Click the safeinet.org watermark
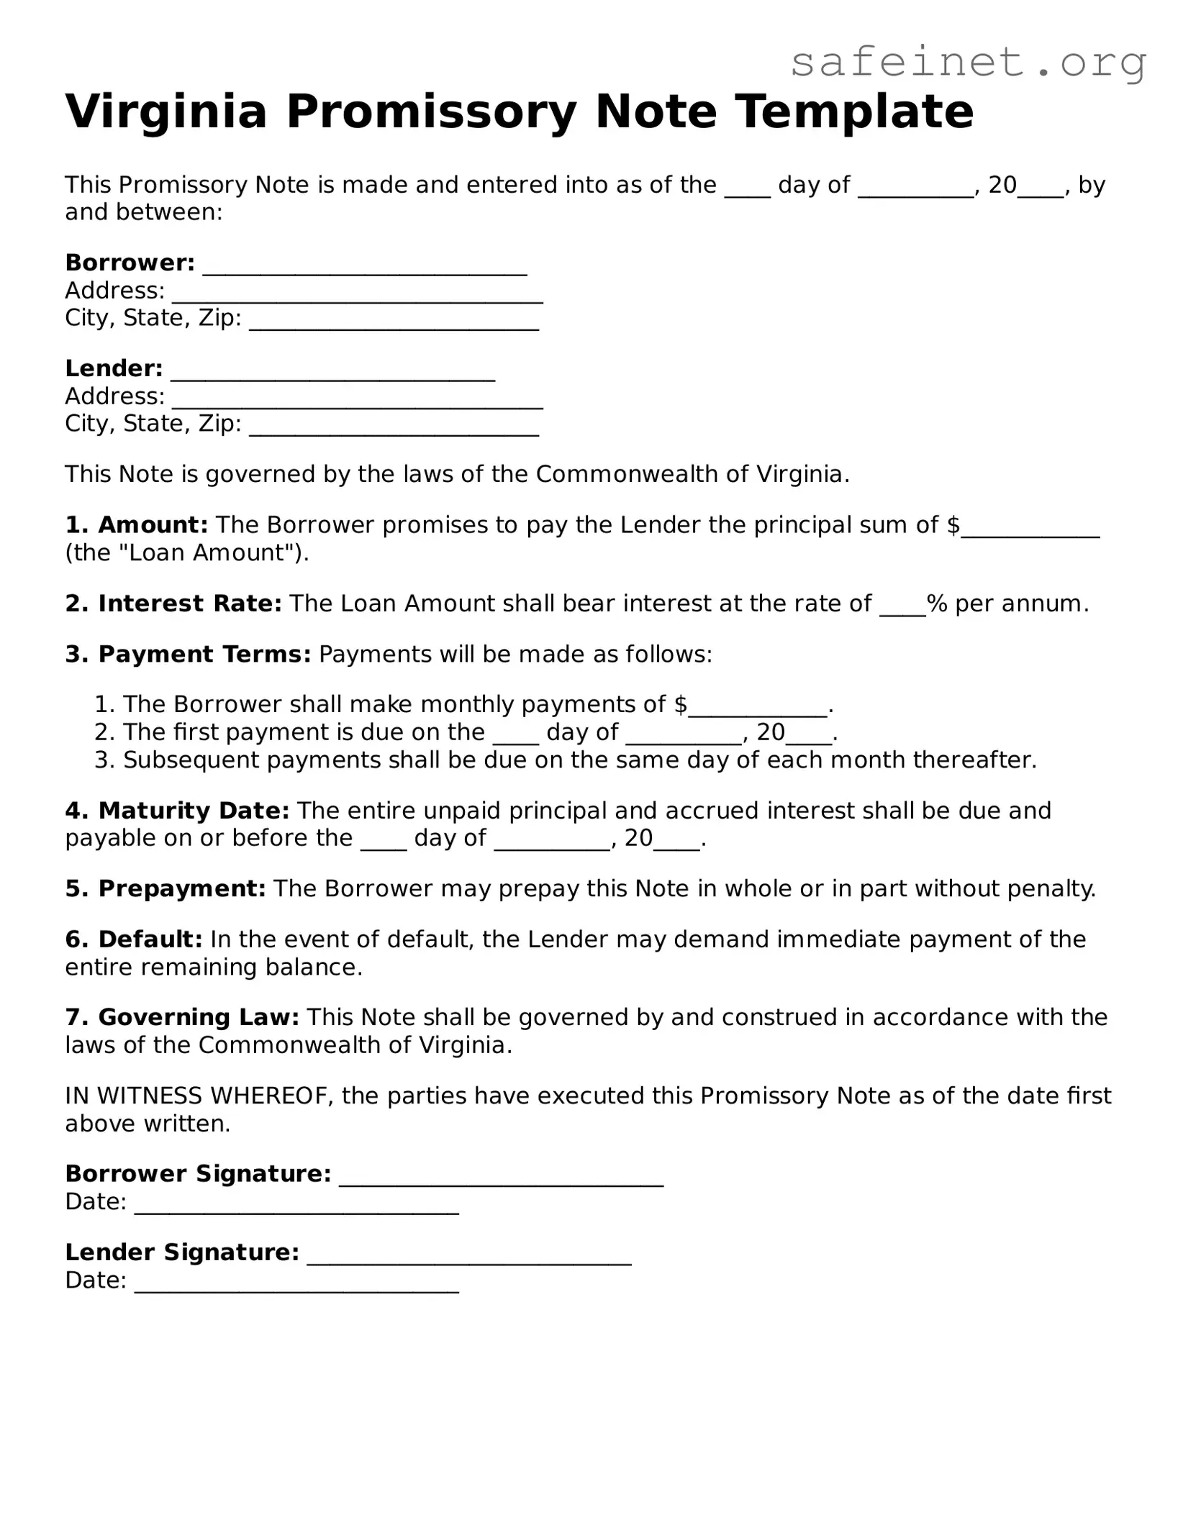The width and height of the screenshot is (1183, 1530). pos(968,63)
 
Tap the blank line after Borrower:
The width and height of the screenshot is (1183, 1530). pos(365,267)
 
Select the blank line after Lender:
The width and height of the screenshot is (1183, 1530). pos(332,373)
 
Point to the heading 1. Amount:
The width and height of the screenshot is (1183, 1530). pos(137,525)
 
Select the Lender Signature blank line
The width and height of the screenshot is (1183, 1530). pos(469,1257)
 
